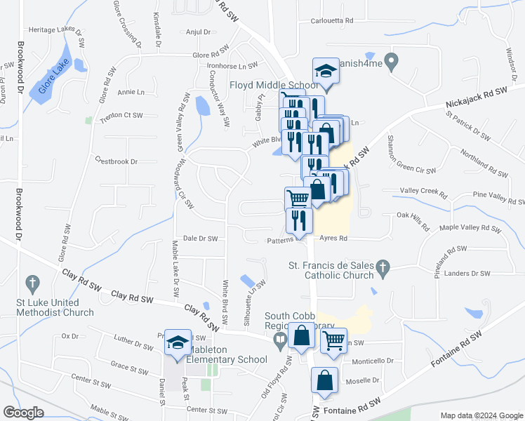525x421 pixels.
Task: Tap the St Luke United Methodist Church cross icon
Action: (32, 284)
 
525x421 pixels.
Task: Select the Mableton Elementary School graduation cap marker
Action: (178, 342)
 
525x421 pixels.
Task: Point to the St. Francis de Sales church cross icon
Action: (382, 266)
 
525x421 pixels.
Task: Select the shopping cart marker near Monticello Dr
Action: (334, 341)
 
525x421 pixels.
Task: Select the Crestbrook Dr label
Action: (116, 161)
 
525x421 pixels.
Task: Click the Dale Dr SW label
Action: (200, 239)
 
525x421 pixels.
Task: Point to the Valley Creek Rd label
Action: (423, 190)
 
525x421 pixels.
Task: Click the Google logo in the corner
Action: (23, 413)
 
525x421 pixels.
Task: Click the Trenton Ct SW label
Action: (121, 116)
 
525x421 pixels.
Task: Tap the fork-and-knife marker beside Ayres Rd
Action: (299, 220)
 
